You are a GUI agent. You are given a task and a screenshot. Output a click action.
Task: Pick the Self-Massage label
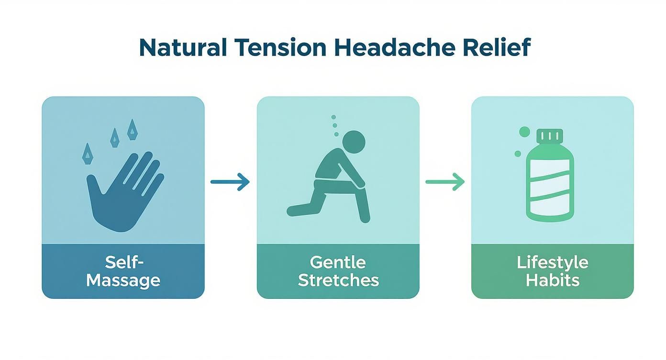(x=123, y=271)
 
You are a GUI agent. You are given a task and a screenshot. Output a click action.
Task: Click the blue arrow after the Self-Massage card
(x=230, y=182)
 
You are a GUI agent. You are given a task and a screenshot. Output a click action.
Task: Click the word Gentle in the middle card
(x=338, y=262)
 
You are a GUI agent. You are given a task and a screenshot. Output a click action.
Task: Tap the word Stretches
(x=338, y=280)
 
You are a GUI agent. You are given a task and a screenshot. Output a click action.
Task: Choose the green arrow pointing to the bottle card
(x=445, y=182)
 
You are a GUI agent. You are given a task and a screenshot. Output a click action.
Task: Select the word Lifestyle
(x=552, y=262)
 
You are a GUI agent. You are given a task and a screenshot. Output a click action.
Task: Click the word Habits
(x=552, y=280)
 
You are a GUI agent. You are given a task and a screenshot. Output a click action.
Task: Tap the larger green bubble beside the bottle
(x=524, y=132)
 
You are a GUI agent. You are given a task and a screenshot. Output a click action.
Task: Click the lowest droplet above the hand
(x=88, y=153)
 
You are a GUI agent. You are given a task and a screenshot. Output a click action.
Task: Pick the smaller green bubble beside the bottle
(x=518, y=154)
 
